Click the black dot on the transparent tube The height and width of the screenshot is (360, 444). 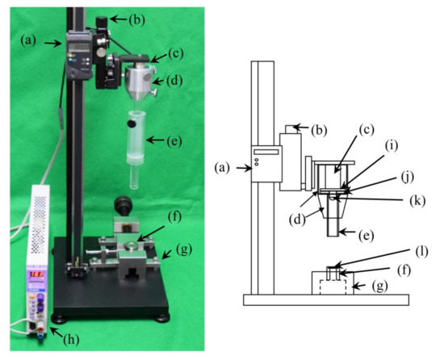click(128, 125)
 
